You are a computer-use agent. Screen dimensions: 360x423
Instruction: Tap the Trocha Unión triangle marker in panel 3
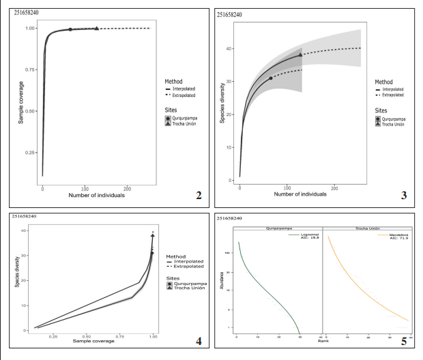[x=301, y=55]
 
